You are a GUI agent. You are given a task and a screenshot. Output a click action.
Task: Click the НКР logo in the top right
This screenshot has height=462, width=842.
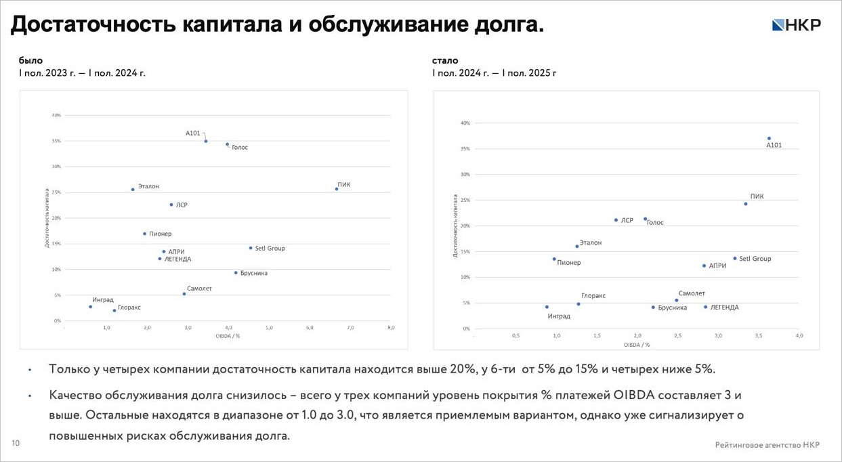click(x=796, y=25)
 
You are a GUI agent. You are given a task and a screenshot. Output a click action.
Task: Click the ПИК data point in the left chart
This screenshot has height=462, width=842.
click(x=337, y=189)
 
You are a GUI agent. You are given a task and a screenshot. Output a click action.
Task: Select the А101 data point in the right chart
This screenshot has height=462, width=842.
click(x=769, y=138)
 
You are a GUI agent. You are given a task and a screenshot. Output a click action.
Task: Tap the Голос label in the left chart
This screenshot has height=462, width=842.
click(x=240, y=147)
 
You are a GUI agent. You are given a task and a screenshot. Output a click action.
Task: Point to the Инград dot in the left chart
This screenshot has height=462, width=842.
click(x=90, y=307)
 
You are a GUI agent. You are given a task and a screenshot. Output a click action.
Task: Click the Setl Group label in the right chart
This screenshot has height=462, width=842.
click(x=755, y=259)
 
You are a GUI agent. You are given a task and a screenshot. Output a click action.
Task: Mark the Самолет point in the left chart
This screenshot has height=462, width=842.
click(x=184, y=294)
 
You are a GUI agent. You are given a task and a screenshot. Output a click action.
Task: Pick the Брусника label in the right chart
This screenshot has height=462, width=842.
click(x=672, y=308)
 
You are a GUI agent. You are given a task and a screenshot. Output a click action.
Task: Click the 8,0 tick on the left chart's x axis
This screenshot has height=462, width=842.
click(x=391, y=328)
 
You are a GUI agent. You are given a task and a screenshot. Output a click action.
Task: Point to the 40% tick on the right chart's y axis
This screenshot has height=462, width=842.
click(x=465, y=123)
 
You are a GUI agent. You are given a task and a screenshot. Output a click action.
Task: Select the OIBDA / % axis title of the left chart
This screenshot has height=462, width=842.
click(x=228, y=336)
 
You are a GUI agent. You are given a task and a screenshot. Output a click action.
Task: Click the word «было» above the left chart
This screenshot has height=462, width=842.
click(x=30, y=60)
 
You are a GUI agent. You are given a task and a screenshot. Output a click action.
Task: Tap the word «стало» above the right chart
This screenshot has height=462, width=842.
click(x=445, y=60)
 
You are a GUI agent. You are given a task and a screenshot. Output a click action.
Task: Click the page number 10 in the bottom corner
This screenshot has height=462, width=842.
click(x=16, y=443)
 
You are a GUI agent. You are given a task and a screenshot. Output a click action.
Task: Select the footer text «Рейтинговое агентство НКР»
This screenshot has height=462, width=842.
click(x=767, y=444)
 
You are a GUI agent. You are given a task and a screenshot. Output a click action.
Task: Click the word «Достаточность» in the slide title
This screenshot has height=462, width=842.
click(x=93, y=25)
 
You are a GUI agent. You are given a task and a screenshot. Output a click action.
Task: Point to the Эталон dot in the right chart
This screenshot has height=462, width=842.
click(x=577, y=246)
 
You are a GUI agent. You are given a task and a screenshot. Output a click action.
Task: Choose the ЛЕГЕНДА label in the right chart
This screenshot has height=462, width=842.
click(x=724, y=308)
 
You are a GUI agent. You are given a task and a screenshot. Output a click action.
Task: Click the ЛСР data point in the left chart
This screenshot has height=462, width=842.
click(x=171, y=205)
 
